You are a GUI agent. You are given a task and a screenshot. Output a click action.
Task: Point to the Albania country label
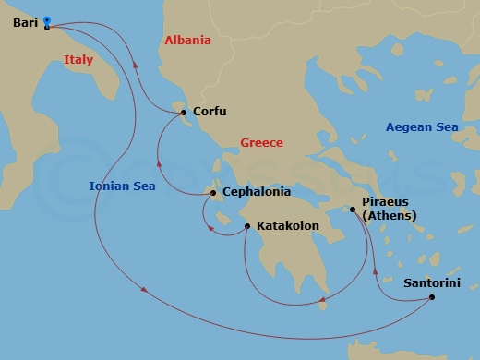click(187, 41)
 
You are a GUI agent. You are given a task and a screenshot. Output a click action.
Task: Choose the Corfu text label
click(210, 112)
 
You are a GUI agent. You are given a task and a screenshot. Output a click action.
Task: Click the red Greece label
click(261, 143)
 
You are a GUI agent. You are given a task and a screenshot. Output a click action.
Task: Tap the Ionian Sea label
click(122, 186)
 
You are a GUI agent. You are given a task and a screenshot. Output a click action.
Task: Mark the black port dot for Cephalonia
click(213, 193)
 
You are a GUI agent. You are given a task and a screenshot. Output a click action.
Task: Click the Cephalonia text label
click(256, 193)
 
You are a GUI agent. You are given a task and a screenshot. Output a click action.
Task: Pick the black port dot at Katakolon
click(246, 226)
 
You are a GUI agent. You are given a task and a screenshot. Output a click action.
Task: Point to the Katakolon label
click(287, 225)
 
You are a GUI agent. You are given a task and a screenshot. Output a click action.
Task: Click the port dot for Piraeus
click(353, 210)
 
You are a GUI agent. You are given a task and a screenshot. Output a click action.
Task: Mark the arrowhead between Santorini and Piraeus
click(376, 272)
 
